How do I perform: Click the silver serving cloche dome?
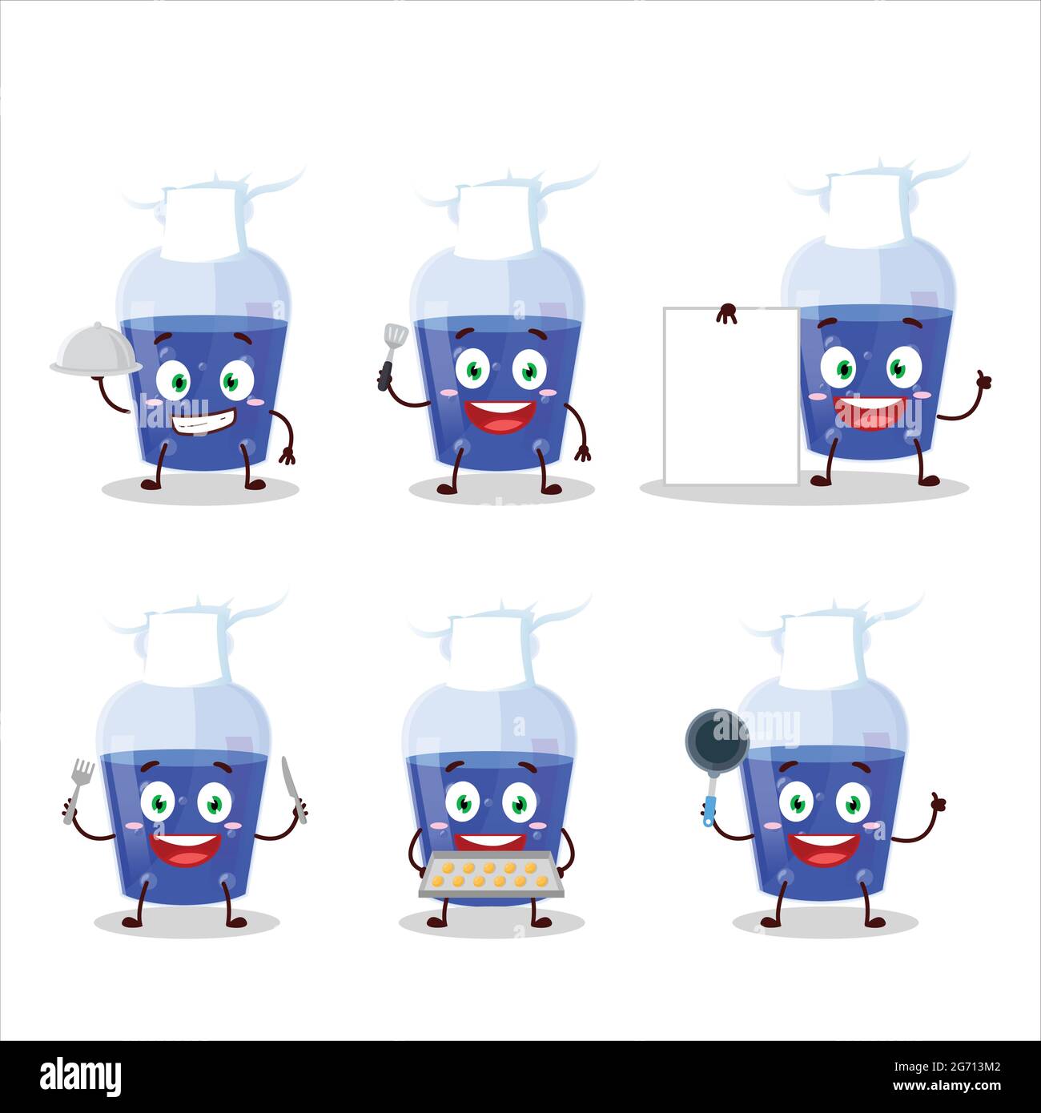click(95, 359)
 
